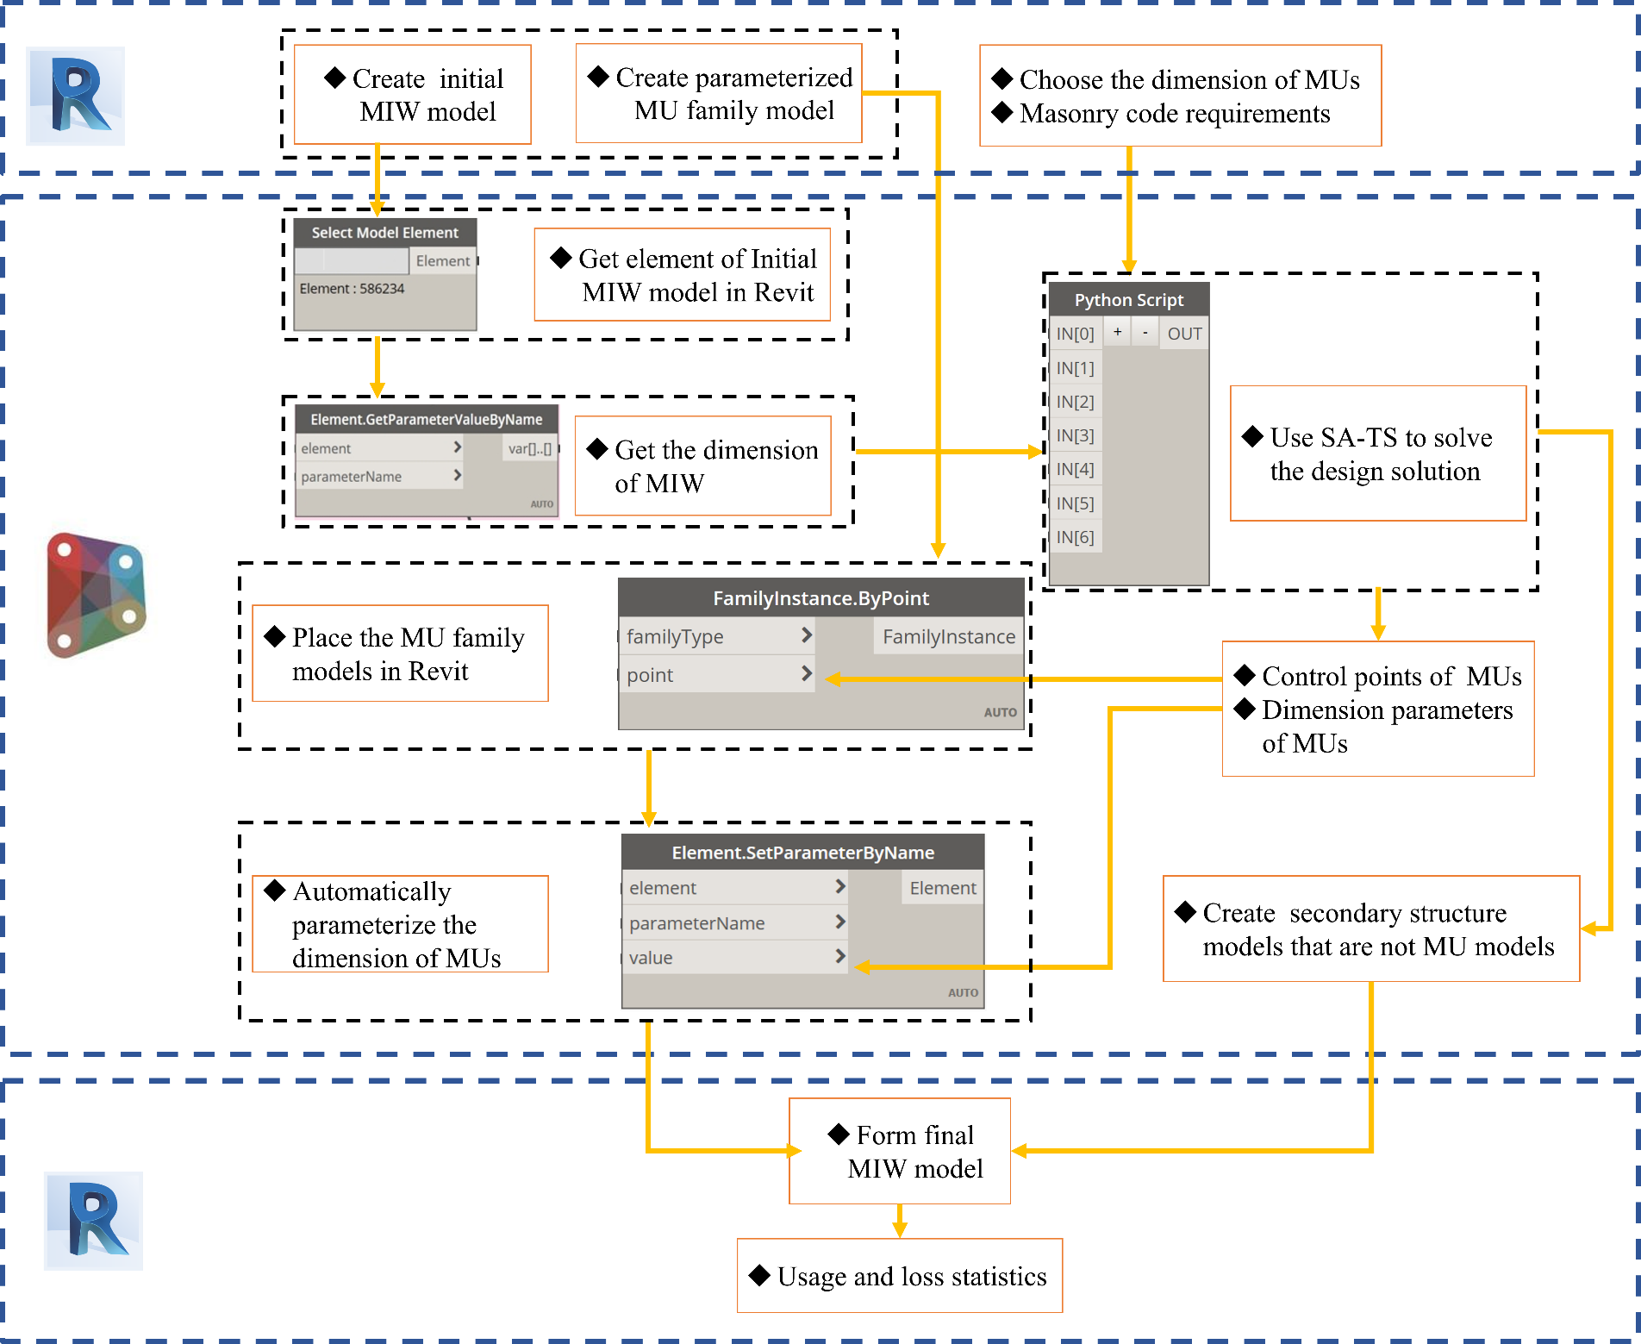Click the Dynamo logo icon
93,591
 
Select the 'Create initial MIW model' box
412,95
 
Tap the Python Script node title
1128,300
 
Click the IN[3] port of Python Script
1075,435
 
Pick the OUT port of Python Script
1183,334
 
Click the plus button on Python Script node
1117,332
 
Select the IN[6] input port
1075,537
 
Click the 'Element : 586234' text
352,289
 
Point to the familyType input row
715,637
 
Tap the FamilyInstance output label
948,637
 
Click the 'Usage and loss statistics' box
900,1276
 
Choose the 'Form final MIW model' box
900,1151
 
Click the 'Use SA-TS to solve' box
1377,453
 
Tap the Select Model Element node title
384,233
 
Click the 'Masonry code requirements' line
1174,114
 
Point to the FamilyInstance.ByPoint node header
820,598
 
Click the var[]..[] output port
529,448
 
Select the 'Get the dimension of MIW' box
702,466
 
